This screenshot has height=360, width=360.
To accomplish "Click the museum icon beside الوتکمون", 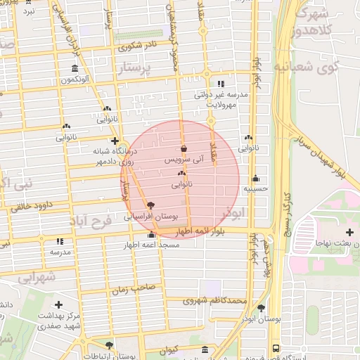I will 75,68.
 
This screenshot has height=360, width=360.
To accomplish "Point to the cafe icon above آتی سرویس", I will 184,148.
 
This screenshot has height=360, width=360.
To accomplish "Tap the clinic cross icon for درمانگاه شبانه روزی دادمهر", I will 115,141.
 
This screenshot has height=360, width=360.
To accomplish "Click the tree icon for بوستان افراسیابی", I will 150,205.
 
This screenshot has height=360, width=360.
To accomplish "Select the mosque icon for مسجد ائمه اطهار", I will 151,235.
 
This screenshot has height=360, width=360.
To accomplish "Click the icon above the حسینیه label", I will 255,178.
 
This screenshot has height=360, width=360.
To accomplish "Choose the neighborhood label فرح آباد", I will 91,222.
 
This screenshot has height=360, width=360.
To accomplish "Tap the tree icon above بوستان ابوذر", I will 262,308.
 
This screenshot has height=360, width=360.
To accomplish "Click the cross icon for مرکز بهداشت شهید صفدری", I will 58,305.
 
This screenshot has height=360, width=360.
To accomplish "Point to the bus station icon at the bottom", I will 275,347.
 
